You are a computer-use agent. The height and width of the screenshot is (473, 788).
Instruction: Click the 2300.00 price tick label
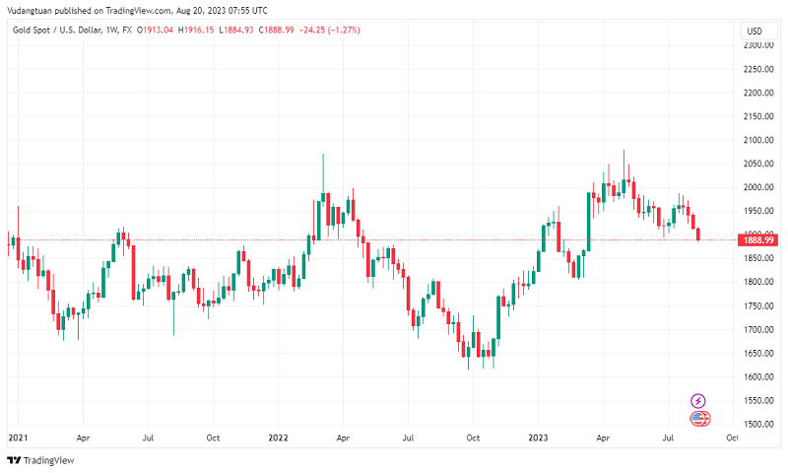[756, 45]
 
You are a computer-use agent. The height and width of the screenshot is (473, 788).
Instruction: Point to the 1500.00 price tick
[756, 424]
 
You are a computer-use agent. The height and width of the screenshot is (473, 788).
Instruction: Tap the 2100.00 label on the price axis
[756, 140]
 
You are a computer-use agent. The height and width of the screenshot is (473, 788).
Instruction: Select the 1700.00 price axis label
[756, 329]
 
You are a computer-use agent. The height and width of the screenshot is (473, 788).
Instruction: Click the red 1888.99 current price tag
[757, 239]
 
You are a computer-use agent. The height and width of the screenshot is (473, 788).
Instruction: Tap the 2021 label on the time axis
[17, 436]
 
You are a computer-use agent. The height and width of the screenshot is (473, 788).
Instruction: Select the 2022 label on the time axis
[278, 436]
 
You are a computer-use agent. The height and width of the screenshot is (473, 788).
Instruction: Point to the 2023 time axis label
[538, 436]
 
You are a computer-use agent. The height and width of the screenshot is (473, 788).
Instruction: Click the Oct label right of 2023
[732, 436]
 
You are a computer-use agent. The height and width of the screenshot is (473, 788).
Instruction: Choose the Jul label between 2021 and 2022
[148, 436]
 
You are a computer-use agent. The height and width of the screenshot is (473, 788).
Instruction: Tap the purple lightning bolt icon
[698, 400]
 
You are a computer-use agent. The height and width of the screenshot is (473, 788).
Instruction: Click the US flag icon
[700, 419]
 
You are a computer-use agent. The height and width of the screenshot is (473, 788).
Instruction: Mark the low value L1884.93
[244, 30]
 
